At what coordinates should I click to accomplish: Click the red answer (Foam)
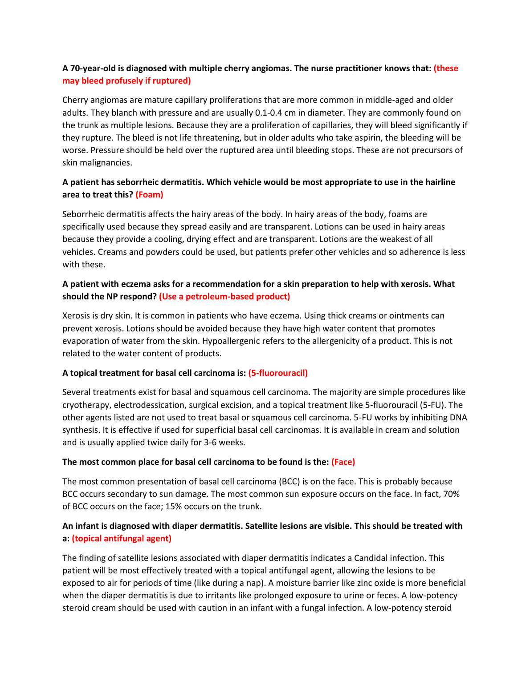pos(149,194)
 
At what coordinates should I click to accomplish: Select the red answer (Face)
pos(343,462)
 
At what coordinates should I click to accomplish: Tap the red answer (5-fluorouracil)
pos(278,373)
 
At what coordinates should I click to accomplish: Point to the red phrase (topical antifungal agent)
pos(122,538)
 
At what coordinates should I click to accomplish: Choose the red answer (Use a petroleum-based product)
pos(224,296)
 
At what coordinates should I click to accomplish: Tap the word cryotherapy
pos(86,405)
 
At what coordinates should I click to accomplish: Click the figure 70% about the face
pos(451,494)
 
